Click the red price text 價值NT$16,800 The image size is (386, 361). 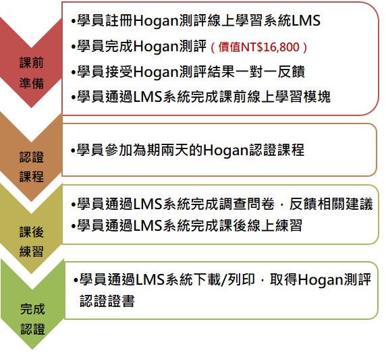coord(258,47)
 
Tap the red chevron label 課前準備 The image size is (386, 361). coord(32,73)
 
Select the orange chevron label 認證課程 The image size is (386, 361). coord(32,167)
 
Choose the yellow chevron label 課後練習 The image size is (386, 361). coord(32,242)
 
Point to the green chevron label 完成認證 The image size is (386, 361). coord(32,319)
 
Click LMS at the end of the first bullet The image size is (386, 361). coord(306,20)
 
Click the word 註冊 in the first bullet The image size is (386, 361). coord(119,20)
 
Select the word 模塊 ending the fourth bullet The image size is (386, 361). coord(316,96)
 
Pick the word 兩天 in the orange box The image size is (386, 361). coord(175,150)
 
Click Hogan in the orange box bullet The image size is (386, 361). coord(226,150)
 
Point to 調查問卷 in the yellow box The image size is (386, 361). coord(247,204)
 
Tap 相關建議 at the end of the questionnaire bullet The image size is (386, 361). coord(345,204)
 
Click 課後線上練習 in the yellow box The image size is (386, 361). coord(260,225)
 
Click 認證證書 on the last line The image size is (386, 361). coord(107,301)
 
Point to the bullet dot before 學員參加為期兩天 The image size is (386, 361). coord(73,150)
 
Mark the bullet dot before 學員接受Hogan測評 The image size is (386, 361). coord(73,72)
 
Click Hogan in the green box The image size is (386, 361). coord(321,280)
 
